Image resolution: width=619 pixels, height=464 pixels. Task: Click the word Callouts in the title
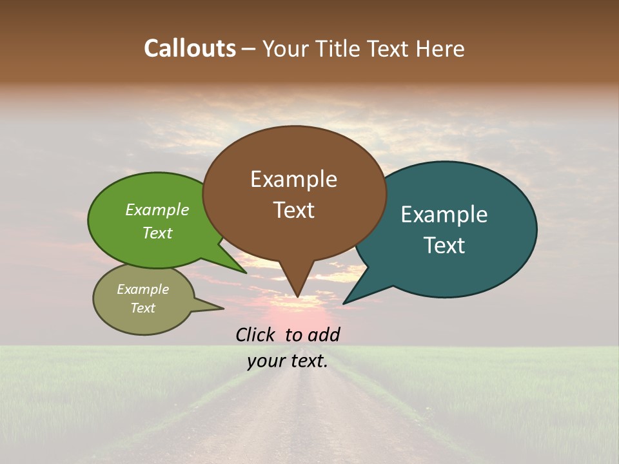tap(190, 48)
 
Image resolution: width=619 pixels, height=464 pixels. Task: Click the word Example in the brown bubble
tap(293, 179)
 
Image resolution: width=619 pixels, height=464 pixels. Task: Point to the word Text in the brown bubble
tap(293, 210)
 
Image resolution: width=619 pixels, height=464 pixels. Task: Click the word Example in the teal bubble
tap(444, 215)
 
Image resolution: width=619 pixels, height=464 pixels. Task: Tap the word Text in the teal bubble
tap(444, 246)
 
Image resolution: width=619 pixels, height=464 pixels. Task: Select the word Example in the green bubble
tap(157, 209)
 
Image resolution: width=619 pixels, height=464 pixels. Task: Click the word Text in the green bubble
tap(157, 233)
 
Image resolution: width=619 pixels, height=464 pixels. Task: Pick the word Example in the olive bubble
tap(142, 289)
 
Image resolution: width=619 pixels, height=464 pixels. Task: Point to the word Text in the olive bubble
tap(142, 308)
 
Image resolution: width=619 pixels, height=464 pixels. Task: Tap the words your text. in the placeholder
tap(288, 361)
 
